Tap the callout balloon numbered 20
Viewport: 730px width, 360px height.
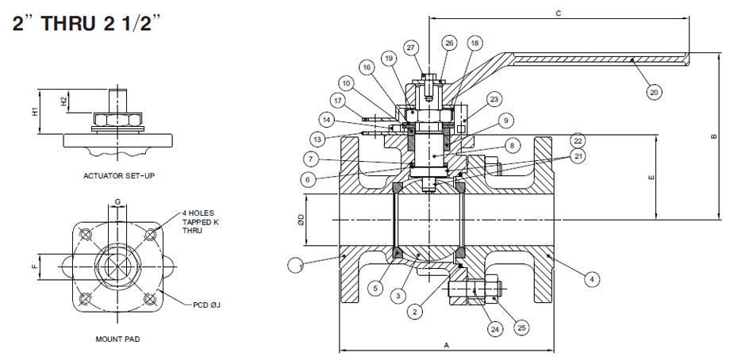[x=653, y=91]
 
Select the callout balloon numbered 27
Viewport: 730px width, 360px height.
[x=411, y=48]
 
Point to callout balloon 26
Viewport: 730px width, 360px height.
[x=449, y=43]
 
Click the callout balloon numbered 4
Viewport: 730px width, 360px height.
[x=590, y=278]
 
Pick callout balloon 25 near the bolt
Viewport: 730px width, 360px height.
[x=521, y=327]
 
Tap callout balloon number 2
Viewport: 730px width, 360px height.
[x=413, y=312]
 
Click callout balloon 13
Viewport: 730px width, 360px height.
[x=317, y=139]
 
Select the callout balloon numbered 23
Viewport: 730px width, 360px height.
[x=494, y=100]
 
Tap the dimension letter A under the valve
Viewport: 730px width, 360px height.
[x=446, y=345]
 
